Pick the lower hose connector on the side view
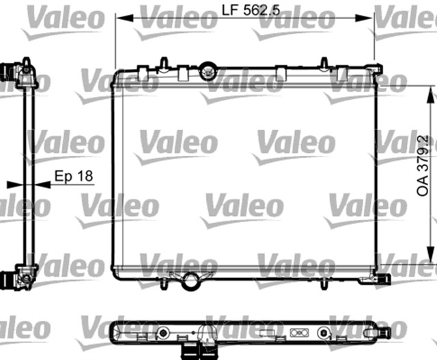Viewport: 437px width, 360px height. (x=10, y=279)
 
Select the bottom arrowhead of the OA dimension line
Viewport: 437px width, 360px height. (x=429, y=253)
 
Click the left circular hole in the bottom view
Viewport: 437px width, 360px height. (x=163, y=333)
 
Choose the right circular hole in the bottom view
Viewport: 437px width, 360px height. (x=323, y=333)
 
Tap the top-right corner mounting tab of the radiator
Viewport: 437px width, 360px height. (x=378, y=68)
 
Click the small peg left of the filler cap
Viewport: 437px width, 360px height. (x=165, y=64)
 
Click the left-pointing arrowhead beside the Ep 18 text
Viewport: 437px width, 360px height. (x=40, y=184)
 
